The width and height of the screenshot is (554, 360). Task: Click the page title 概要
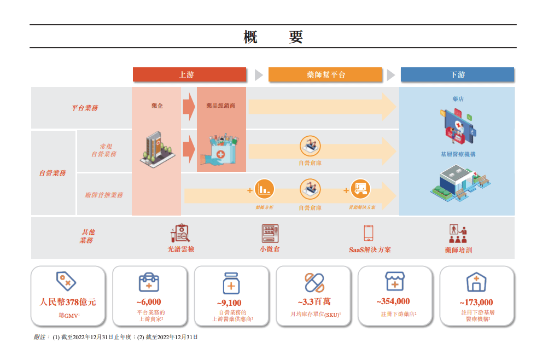tap(272, 37)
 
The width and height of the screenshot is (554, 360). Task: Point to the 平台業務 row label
tap(85, 108)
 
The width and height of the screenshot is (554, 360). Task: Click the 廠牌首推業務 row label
tap(104, 195)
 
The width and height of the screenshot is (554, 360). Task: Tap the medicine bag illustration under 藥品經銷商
tap(221, 148)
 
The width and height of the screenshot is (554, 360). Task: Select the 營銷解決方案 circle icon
tap(360, 189)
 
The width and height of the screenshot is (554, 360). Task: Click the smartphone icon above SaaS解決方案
tap(369, 233)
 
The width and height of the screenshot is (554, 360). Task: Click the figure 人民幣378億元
tap(68, 302)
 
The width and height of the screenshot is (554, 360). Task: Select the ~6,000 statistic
tap(149, 302)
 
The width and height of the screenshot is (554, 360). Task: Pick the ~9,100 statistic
tap(231, 303)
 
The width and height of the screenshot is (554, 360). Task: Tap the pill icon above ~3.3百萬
tap(314, 282)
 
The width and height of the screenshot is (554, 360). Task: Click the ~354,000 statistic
tap(393, 301)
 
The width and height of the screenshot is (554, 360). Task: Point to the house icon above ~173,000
tap(475, 282)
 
